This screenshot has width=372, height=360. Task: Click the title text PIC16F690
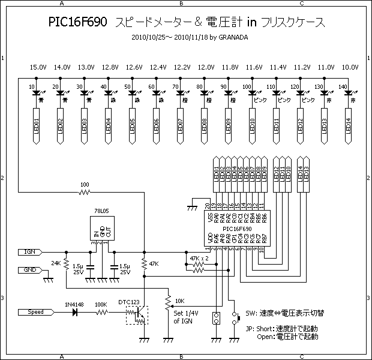pos(78,22)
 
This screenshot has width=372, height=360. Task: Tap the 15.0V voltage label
pos(38,67)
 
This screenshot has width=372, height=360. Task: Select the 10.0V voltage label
pos(350,67)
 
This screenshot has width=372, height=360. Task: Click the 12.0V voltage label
pos(206,67)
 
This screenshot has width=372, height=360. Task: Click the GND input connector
pos(30,270)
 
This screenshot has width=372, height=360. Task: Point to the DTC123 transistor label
pos(129,301)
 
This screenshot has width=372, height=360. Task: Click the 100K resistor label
pos(101,305)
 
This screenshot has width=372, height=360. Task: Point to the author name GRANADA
pos(232,37)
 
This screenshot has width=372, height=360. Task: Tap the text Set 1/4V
pos(187,313)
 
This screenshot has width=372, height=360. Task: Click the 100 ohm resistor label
pos(85,184)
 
